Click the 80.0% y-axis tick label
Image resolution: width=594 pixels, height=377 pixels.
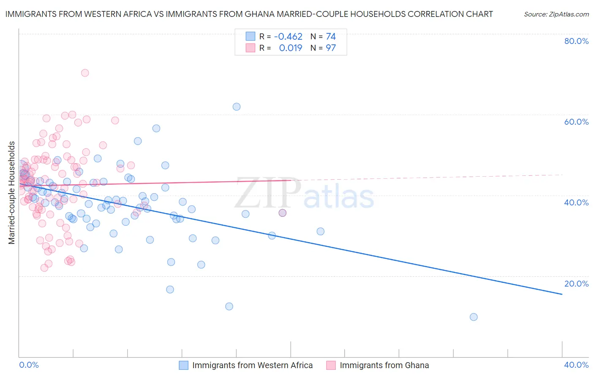click(576, 41)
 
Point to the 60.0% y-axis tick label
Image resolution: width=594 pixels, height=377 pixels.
click(576, 122)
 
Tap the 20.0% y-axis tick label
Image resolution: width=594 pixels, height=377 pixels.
click(576, 283)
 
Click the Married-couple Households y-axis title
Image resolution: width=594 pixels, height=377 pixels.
click(12, 193)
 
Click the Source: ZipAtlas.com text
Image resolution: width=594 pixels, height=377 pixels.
click(556, 14)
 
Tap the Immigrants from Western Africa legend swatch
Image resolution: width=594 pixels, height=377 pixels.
click(183, 365)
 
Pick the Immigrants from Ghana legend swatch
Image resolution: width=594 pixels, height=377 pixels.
click(331, 365)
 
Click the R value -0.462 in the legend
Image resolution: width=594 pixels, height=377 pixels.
click(288, 36)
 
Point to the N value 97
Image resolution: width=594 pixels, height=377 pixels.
click(330, 48)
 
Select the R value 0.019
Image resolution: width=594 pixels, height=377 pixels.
click(291, 48)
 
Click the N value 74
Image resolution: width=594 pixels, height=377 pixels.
click(330, 36)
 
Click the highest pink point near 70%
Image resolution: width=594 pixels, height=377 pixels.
click(85, 73)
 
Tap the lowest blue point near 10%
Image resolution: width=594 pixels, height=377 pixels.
click(474, 317)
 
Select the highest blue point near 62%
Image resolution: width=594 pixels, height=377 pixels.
click(237, 107)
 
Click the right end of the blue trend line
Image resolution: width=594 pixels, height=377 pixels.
click(562, 294)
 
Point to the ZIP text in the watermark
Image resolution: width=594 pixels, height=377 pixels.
click(268, 193)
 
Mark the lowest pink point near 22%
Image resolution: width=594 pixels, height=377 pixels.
click(44, 268)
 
